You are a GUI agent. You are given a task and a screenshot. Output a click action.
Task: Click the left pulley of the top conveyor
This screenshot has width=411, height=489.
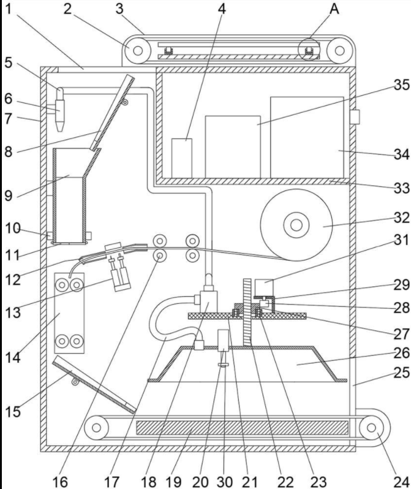[137, 48]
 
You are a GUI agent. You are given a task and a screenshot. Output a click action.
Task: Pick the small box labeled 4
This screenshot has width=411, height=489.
[182, 157]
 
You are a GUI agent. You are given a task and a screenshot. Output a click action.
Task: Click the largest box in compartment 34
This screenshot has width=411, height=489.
[306, 136]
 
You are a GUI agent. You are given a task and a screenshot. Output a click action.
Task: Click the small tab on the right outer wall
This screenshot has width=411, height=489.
[355, 116]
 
